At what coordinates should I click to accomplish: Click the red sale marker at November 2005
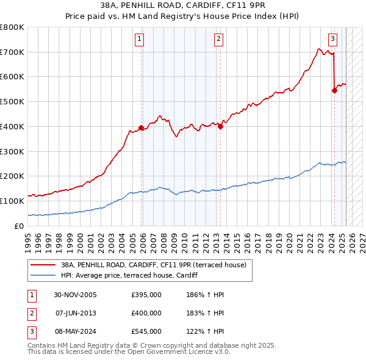click(x=141, y=128)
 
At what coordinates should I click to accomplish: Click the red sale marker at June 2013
click(x=220, y=127)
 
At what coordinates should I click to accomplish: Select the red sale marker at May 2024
click(x=334, y=90)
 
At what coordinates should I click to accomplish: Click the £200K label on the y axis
click(x=12, y=176)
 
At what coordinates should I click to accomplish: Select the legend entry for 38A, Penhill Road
click(x=153, y=265)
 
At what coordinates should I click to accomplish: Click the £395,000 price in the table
click(x=146, y=295)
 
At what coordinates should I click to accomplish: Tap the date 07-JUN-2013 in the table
click(x=75, y=313)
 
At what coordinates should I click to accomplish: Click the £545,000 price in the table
click(x=146, y=331)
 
